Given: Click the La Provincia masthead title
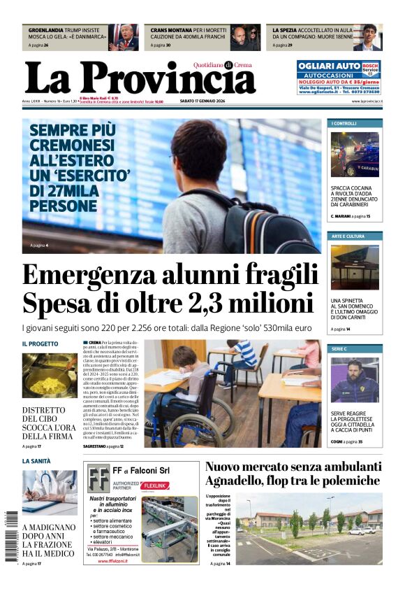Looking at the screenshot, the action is pyautogui.click(x=140, y=78).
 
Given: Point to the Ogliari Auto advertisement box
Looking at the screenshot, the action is pyautogui.click(x=339, y=77).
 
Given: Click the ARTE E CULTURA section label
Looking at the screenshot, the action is pyautogui.click(x=348, y=236).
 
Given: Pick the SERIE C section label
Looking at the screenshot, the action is pyautogui.click(x=339, y=348).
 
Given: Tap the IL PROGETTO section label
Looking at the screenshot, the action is pyautogui.click(x=40, y=344).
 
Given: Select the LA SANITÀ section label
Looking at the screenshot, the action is pyautogui.click(x=36, y=461).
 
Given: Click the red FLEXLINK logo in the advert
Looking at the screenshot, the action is pyautogui.click(x=154, y=485).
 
